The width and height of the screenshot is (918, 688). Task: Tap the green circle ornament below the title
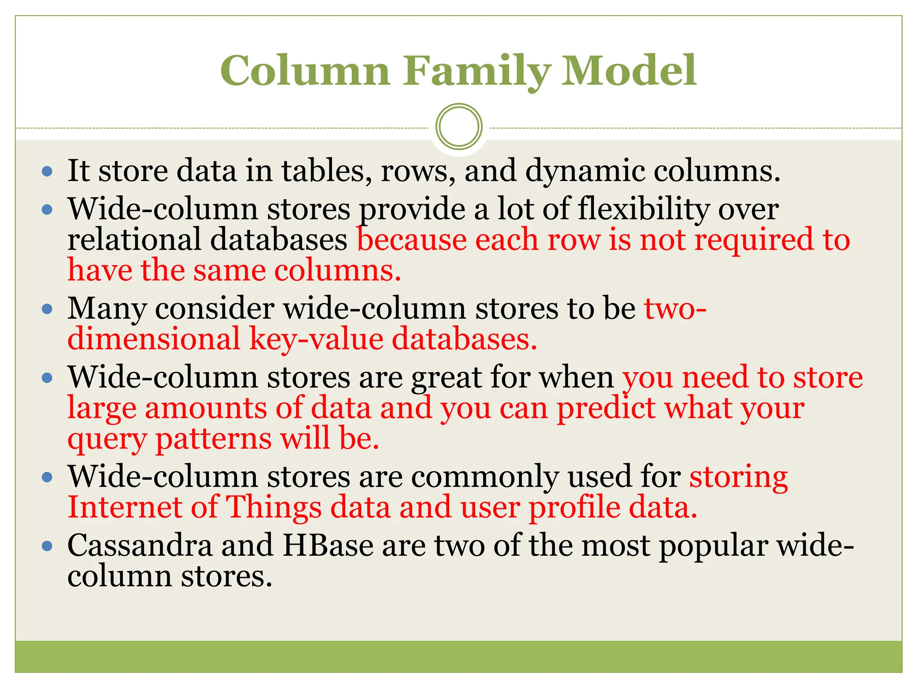[459, 127]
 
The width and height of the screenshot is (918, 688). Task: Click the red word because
[411, 239]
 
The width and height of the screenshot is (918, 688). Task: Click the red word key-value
[316, 339]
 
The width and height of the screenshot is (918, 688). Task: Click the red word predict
[606, 408]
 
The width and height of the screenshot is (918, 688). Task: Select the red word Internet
[125, 507]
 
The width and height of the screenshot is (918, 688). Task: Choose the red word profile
[574, 508]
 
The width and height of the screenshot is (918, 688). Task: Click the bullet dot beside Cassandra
[47, 546]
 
